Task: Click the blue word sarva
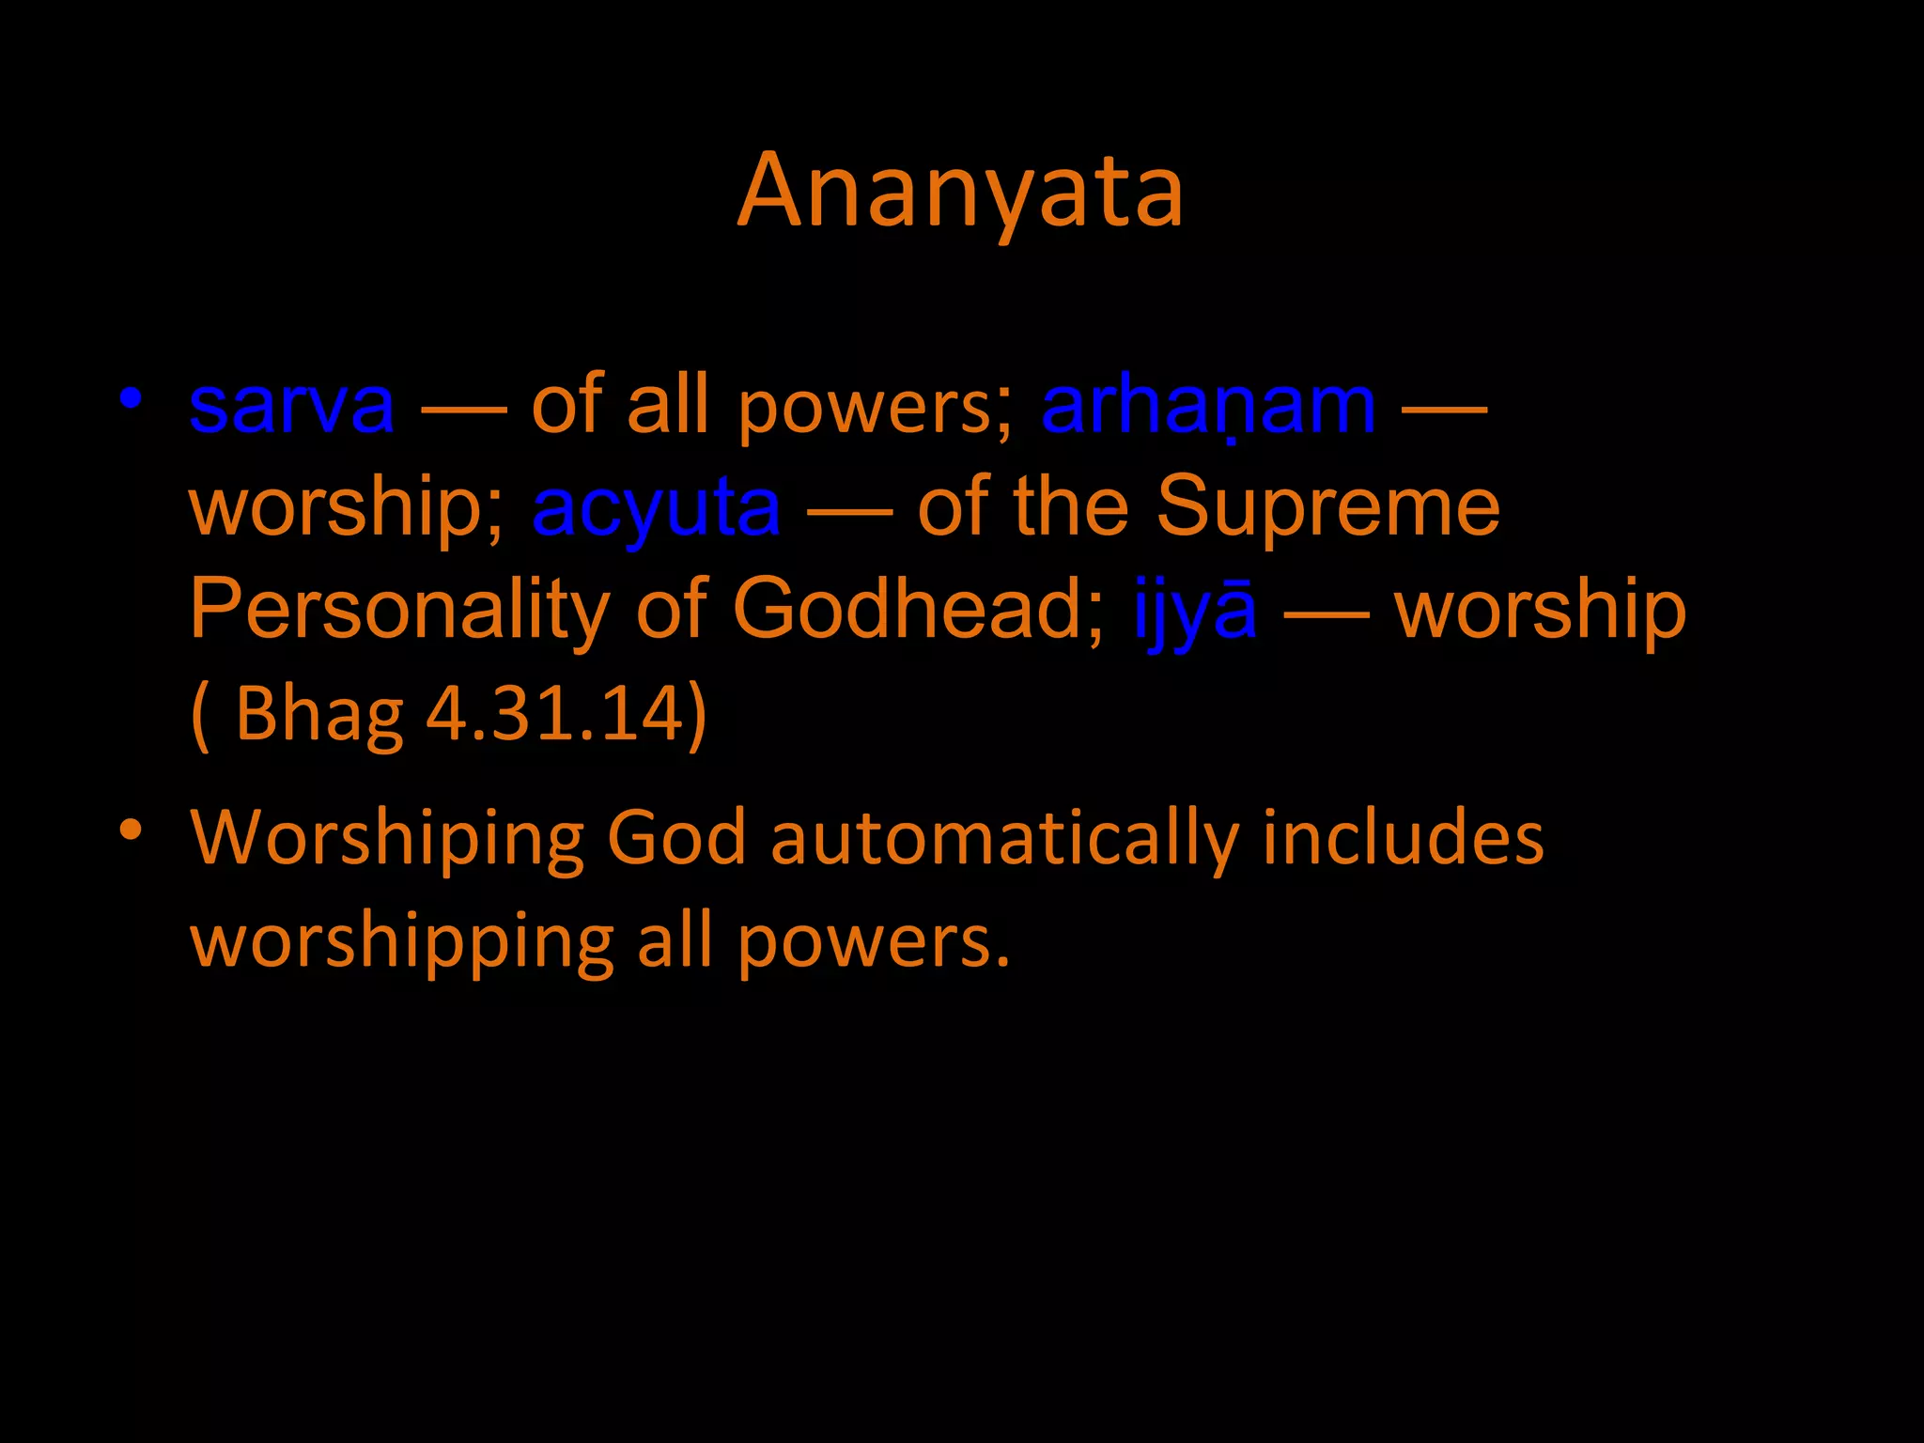click(x=291, y=406)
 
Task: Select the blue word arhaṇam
click(x=1208, y=406)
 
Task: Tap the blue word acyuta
click(x=656, y=507)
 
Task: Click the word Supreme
click(x=1327, y=507)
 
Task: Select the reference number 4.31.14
click(x=554, y=714)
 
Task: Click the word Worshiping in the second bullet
click(x=386, y=838)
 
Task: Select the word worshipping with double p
click(x=402, y=942)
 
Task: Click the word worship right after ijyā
click(x=1540, y=611)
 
